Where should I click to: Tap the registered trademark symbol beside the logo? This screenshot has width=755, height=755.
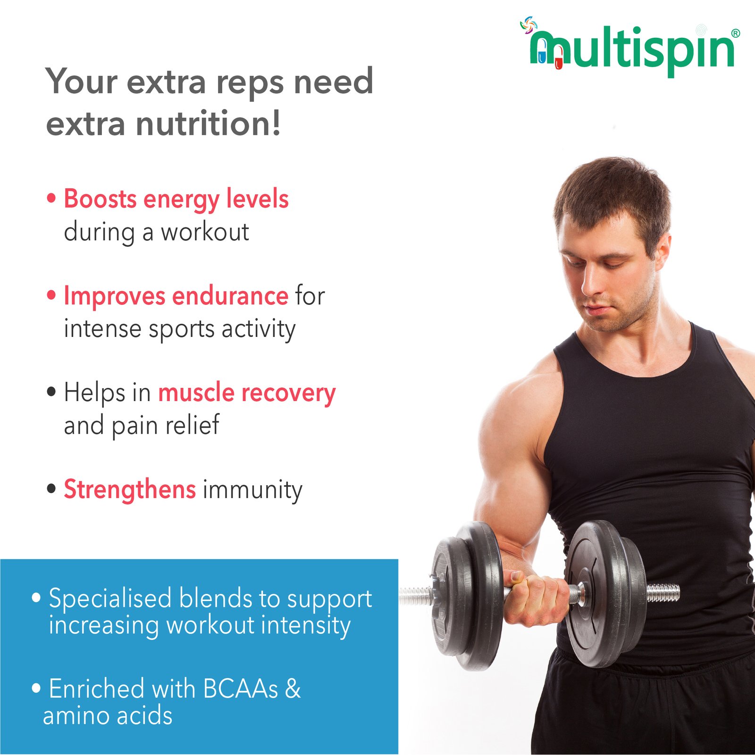(735, 34)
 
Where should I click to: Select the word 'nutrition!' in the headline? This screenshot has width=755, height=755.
(208, 124)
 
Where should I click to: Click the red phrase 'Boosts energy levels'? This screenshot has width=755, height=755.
(176, 200)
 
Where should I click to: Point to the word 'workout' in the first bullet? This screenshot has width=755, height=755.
(205, 232)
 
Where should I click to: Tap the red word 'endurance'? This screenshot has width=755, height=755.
(230, 296)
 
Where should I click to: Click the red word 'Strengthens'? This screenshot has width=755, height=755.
(130, 490)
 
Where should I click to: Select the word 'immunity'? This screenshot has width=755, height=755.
(252, 491)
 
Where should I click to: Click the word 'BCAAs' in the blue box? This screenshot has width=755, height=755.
(241, 689)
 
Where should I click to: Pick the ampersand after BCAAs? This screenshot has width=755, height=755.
(293, 689)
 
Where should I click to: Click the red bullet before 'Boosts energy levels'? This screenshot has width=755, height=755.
(51, 198)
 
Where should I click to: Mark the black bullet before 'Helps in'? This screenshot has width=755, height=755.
(51, 392)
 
